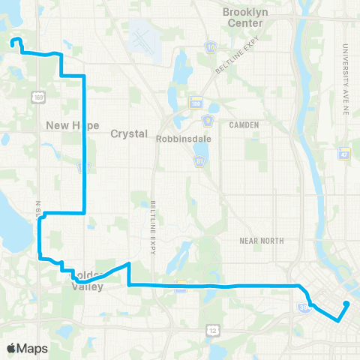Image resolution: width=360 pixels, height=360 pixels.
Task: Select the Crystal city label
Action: point(126,133)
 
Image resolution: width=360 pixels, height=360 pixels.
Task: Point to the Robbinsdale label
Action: point(181,139)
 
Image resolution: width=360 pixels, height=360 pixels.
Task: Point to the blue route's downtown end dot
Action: point(347,304)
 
